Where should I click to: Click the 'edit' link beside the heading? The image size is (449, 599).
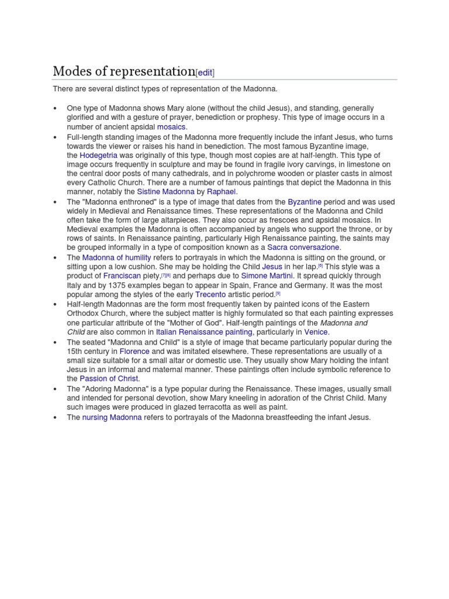[x=205, y=73]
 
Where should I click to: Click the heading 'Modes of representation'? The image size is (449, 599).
[x=123, y=71]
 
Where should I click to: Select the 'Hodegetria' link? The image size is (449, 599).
[x=98, y=155]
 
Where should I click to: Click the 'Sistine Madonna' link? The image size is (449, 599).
[x=165, y=191]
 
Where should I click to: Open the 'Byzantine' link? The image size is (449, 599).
[x=305, y=202]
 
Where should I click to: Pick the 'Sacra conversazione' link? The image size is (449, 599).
[x=303, y=247]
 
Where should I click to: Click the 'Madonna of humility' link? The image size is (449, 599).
[x=116, y=257]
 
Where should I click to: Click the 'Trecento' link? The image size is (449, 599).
[x=210, y=294]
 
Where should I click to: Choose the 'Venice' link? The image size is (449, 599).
[x=316, y=332]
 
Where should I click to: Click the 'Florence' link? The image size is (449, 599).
[x=134, y=351]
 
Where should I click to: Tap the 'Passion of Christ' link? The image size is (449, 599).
[x=109, y=378]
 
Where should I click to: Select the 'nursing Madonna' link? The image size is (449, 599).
[x=112, y=417]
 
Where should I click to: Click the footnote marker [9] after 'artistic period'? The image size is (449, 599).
[x=278, y=294]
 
